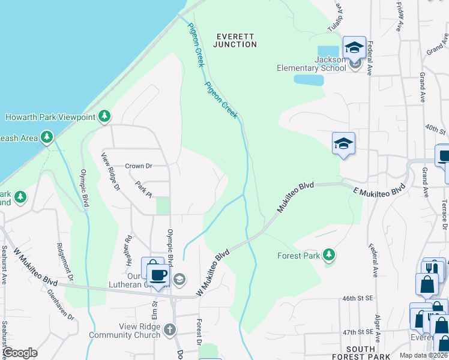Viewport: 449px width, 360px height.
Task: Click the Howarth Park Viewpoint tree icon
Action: coord(105,116)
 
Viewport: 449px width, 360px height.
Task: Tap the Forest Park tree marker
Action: coord(328,255)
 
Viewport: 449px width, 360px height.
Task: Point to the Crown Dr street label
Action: coord(139,166)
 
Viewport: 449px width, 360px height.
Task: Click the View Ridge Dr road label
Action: coord(110,172)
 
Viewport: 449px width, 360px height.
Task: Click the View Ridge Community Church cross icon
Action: coord(170,329)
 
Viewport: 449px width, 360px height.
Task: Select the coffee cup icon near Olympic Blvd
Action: coord(158,275)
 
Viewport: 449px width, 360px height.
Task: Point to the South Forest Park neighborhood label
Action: coord(361,353)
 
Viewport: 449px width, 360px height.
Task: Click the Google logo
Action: coord(20,353)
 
